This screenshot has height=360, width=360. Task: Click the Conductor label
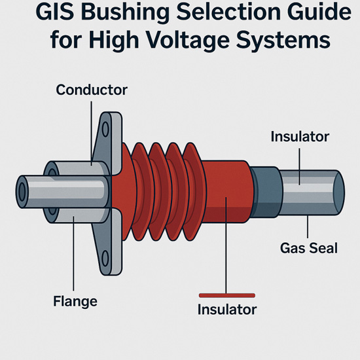pyautogui.click(x=92, y=90)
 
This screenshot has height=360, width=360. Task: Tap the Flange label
pyautogui.click(x=75, y=301)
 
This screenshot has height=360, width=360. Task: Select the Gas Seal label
pyautogui.click(x=309, y=248)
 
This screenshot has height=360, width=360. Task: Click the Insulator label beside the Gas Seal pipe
pyautogui.click(x=300, y=137)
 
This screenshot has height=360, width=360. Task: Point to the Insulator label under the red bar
pyautogui.click(x=227, y=310)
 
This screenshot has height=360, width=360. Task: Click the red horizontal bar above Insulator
pyautogui.click(x=227, y=295)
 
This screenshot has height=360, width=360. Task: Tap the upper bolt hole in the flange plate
pyautogui.click(x=105, y=130)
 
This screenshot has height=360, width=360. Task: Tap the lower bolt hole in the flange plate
pyautogui.click(x=105, y=259)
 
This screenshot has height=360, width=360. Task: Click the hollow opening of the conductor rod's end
pyautogui.click(x=22, y=192)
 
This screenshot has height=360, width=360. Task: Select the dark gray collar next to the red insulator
pyautogui.click(x=266, y=192)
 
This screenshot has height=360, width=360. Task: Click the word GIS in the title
pyautogui.click(x=55, y=12)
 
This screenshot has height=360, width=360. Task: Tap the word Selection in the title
pyautogui.click(x=228, y=12)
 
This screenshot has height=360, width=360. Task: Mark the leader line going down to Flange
pyautogui.click(x=73, y=253)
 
